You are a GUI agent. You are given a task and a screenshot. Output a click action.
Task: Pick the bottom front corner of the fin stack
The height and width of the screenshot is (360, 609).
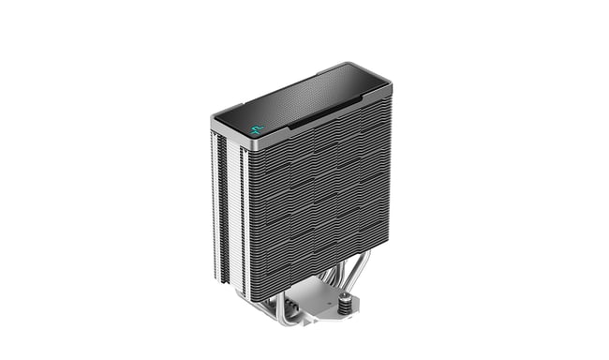pos(251,298)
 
